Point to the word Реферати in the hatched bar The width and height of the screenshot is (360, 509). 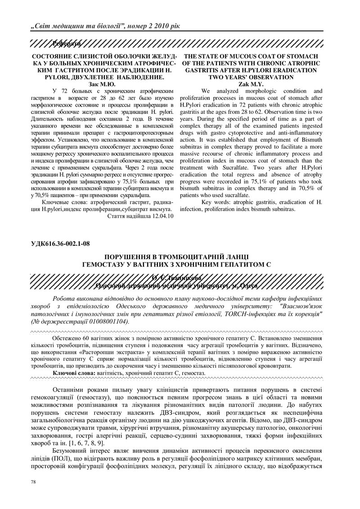tap(66, 44)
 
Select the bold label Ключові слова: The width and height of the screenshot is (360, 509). tap(73, 374)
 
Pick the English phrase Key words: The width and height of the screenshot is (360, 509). tap(217, 203)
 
